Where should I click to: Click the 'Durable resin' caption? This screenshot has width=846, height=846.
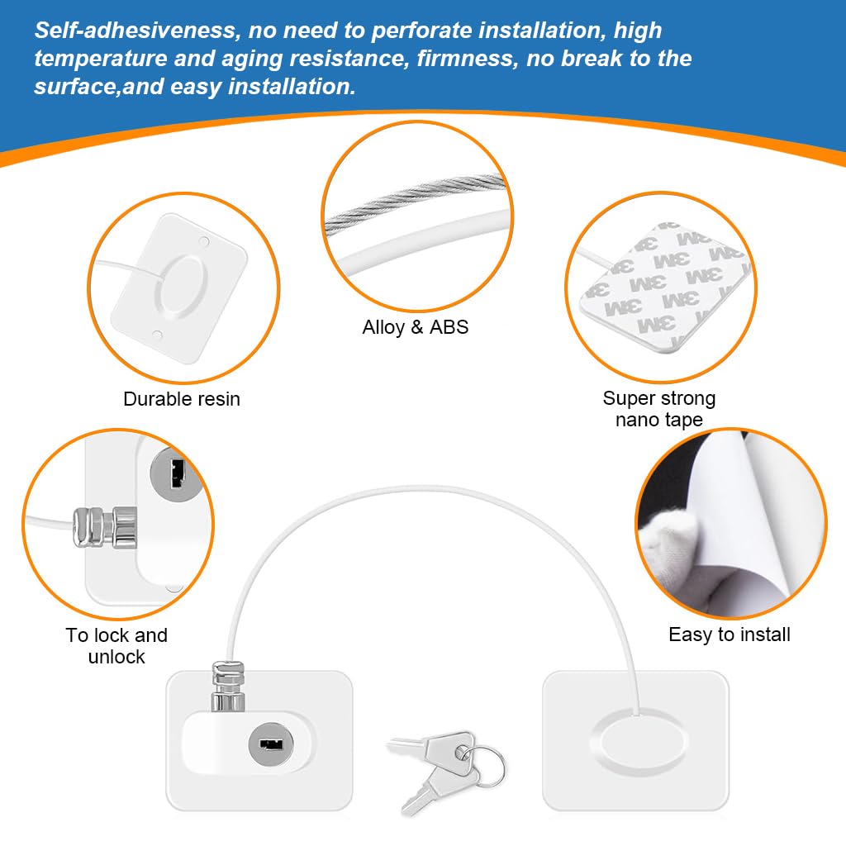point(181,399)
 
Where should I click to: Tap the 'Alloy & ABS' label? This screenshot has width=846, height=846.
point(415,327)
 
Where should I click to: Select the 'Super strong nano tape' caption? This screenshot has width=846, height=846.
point(658,408)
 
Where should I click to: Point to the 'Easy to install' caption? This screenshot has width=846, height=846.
point(729,634)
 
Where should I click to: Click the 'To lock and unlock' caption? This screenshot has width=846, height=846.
point(116,645)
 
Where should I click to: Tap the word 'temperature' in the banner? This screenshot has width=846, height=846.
point(101,59)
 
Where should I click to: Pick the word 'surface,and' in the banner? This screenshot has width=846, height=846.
point(99,87)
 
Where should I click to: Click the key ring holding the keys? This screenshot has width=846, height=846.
point(484,764)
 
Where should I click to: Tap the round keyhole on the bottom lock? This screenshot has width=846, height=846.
point(271,744)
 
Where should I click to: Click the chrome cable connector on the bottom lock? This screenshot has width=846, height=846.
point(228,686)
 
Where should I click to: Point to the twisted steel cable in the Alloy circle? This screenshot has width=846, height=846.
point(415,202)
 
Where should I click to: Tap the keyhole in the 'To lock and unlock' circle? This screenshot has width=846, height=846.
point(175,473)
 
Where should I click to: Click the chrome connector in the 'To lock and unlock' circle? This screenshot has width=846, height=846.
point(105,526)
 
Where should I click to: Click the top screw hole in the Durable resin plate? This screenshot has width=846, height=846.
point(204,241)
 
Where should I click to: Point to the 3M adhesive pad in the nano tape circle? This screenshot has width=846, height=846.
point(668,286)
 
